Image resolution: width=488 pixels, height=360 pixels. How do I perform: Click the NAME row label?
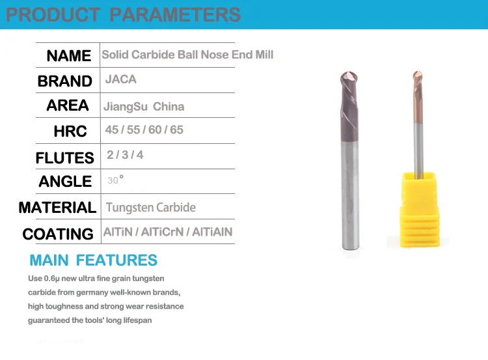(x=68, y=56)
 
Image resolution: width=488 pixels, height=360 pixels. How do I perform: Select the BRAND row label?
(x=64, y=81)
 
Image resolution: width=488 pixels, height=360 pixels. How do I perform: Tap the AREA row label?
(x=68, y=105)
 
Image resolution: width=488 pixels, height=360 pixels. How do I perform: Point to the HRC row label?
(x=70, y=132)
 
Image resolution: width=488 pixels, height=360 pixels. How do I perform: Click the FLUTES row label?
(x=64, y=158)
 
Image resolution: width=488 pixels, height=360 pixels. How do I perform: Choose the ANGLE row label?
(x=65, y=182)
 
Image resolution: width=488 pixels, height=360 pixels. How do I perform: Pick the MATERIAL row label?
(x=57, y=208)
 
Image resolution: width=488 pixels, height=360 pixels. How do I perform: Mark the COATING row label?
(x=58, y=234)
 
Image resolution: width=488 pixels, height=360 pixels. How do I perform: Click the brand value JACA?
(x=121, y=79)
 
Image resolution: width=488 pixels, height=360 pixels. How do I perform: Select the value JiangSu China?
(x=143, y=107)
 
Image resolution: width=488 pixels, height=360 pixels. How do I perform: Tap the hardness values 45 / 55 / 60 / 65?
(x=144, y=130)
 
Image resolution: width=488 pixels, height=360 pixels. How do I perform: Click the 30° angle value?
(x=115, y=180)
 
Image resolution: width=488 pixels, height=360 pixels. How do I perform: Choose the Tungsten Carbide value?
(x=150, y=208)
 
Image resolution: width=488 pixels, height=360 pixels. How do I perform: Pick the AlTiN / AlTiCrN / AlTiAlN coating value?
(x=168, y=232)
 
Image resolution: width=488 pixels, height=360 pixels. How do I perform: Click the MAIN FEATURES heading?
(x=93, y=261)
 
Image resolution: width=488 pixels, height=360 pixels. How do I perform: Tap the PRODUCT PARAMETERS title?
(x=123, y=14)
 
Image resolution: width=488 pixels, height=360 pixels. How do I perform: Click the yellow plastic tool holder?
(x=418, y=208)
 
